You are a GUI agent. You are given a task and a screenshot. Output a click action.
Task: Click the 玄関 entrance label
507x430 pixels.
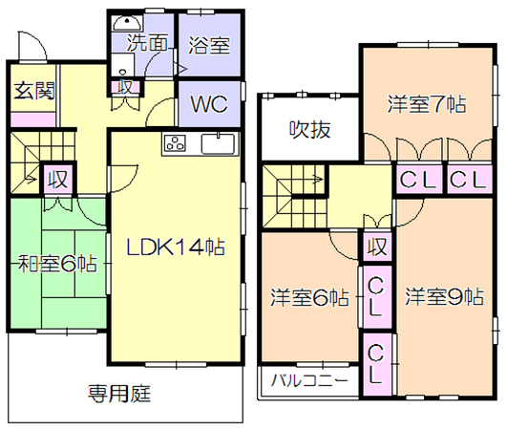[x=34, y=91]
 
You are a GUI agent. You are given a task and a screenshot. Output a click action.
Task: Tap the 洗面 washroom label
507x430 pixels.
[x=147, y=42]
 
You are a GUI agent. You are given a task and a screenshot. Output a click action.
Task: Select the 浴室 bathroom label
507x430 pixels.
[x=209, y=45]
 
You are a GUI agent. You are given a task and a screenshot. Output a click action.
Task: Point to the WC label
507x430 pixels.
[x=209, y=104]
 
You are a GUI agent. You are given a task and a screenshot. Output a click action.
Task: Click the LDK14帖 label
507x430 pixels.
[x=176, y=247]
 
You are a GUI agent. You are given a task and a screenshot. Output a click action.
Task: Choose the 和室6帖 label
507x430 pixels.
[x=57, y=264]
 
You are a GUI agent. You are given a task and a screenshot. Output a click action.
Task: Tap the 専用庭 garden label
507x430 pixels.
[x=119, y=394]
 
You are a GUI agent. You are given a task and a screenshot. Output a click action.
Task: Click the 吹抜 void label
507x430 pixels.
[x=309, y=130]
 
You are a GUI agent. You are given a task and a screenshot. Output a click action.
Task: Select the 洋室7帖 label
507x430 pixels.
[x=427, y=104]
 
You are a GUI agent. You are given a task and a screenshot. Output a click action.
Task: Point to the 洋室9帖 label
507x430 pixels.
[x=445, y=296]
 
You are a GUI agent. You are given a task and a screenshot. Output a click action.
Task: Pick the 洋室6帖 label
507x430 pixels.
[x=309, y=297]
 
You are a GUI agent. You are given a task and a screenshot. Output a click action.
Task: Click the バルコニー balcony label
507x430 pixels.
[x=309, y=380]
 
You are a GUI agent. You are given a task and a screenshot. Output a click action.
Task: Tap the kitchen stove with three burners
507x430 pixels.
[x=176, y=143]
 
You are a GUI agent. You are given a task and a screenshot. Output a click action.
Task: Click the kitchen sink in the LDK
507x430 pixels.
[x=218, y=143]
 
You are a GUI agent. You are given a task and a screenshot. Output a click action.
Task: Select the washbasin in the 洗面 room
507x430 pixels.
[x=127, y=23]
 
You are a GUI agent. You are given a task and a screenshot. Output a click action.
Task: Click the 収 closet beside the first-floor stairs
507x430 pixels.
[x=58, y=180]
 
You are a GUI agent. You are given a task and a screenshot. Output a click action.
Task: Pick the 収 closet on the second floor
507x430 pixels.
[x=377, y=247]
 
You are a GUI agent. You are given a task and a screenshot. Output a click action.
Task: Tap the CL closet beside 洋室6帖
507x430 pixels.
[x=375, y=296]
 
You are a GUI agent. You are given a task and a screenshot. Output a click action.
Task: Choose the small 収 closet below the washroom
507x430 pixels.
[x=125, y=87]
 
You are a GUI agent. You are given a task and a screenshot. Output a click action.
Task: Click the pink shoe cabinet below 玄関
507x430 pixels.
[x=33, y=119]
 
